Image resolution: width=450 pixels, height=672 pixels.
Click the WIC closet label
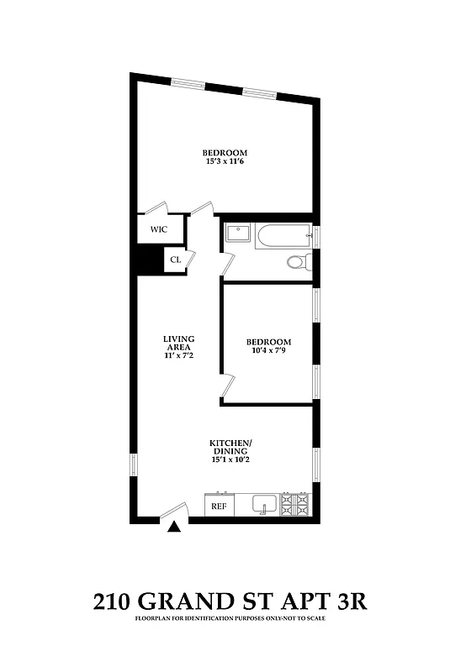pyautogui.click(x=158, y=228)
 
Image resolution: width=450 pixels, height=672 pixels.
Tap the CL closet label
pyautogui.click(x=176, y=260)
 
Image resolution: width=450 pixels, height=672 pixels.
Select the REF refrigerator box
pyautogui.click(x=219, y=507)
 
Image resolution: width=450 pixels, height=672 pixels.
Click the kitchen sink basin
pyautogui.click(x=263, y=506)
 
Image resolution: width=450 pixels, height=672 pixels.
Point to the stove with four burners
pyautogui.click(x=295, y=505)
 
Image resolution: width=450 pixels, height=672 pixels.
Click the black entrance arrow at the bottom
pyautogui.click(x=174, y=528)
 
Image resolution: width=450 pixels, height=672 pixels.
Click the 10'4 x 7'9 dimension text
pyautogui.click(x=268, y=351)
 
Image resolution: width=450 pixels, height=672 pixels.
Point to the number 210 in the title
pyautogui.click(x=112, y=601)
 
